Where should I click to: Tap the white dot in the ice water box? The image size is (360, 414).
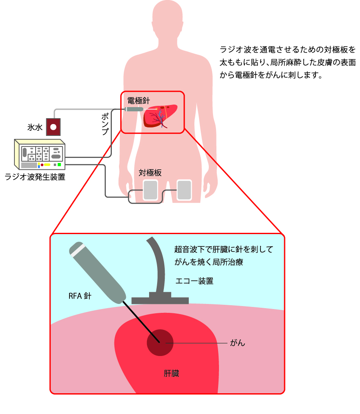click(53, 127)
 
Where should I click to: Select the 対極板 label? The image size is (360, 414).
click(150, 173)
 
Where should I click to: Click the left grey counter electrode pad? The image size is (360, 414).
click(150, 190)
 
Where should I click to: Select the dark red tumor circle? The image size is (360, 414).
click(160, 342)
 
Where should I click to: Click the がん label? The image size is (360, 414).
click(237, 343)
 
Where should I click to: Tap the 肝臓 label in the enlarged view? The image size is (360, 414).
click(172, 373)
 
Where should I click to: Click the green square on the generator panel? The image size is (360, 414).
click(59, 164)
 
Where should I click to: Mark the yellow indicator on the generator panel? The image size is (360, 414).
click(47, 164)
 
